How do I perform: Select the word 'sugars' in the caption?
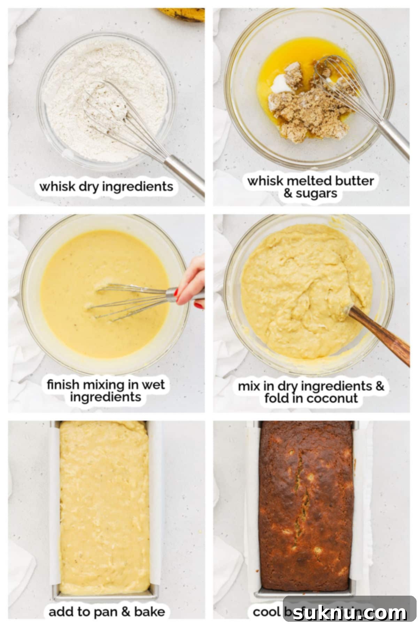pyautogui.click(x=316, y=193)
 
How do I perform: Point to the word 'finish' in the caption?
pyautogui.click(x=63, y=385)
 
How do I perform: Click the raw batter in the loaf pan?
pyautogui.click(x=104, y=505)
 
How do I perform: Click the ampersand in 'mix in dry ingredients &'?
pyautogui.click(x=380, y=386)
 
